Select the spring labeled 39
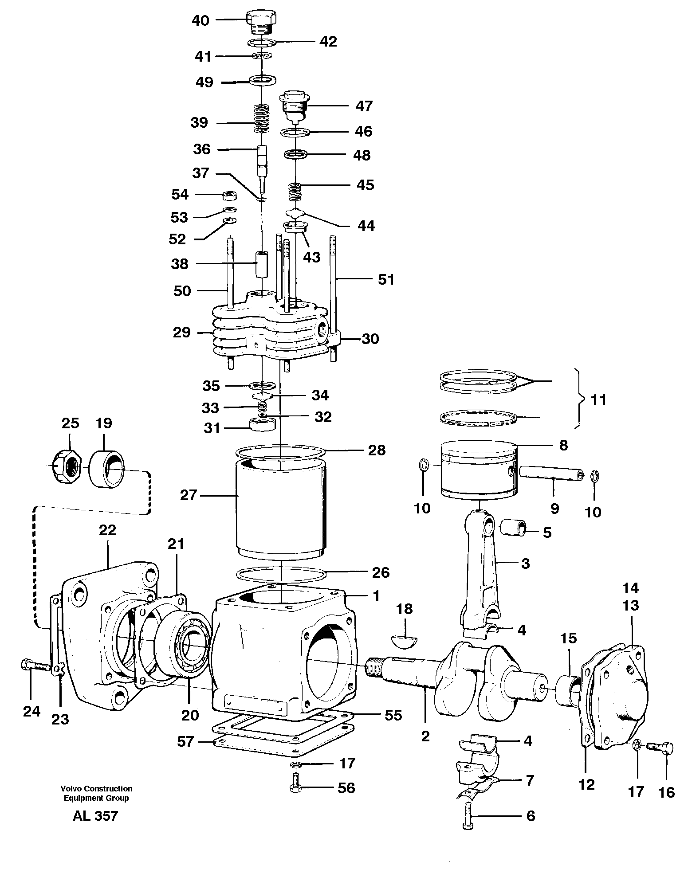pyautogui.click(x=262, y=118)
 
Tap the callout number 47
pyautogui.click(x=364, y=106)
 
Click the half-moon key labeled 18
pyautogui.click(x=404, y=640)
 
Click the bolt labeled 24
pyautogui.click(x=32, y=665)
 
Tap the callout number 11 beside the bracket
pyautogui.click(x=598, y=400)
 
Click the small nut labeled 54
pyautogui.click(x=230, y=194)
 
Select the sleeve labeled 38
pyautogui.click(x=262, y=263)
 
